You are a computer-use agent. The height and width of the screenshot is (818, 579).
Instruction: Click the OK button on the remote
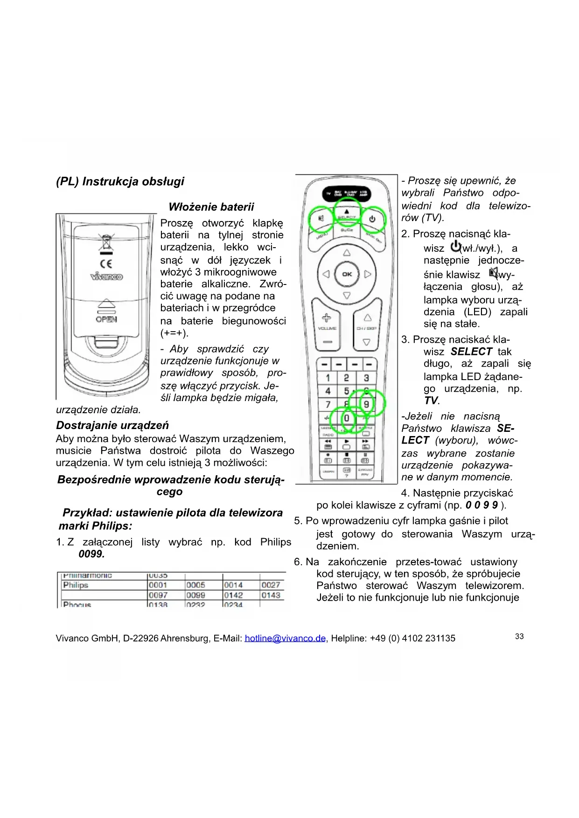[x=347, y=274]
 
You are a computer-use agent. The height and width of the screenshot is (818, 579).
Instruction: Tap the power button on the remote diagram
[x=372, y=218]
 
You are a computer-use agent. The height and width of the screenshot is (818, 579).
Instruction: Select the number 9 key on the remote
[x=367, y=404]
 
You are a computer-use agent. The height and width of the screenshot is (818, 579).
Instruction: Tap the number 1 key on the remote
[x=328, y=378]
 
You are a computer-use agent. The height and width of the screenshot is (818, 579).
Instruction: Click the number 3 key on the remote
[x=366, y=378]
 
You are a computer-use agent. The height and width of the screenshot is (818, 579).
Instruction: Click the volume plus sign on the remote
[x=327, y=318]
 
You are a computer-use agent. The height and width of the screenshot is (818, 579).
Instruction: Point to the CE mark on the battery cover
[x=106, y=264]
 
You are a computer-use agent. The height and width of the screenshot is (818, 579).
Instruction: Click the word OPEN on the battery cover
[x=106, y=319]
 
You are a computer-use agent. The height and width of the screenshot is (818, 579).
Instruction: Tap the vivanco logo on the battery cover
[x=106, y=277]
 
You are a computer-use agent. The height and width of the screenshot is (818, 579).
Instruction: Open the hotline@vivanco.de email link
[x=285, y=638]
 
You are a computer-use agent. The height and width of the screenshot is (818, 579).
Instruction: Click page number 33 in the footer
[x=519, y=637]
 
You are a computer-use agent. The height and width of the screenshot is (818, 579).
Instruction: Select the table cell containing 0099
[x=196, y=596]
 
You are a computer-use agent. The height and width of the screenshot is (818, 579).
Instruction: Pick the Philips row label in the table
[x=76, y=585]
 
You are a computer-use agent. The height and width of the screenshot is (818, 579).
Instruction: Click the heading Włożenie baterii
[x=211, y=207]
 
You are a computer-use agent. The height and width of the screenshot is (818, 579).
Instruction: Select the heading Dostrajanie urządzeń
[x=112, y=425]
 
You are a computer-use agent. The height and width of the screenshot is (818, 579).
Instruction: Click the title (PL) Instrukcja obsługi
[x=120, y=181]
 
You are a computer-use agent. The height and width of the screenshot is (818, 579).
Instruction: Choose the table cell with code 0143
[x=271, y=596]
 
